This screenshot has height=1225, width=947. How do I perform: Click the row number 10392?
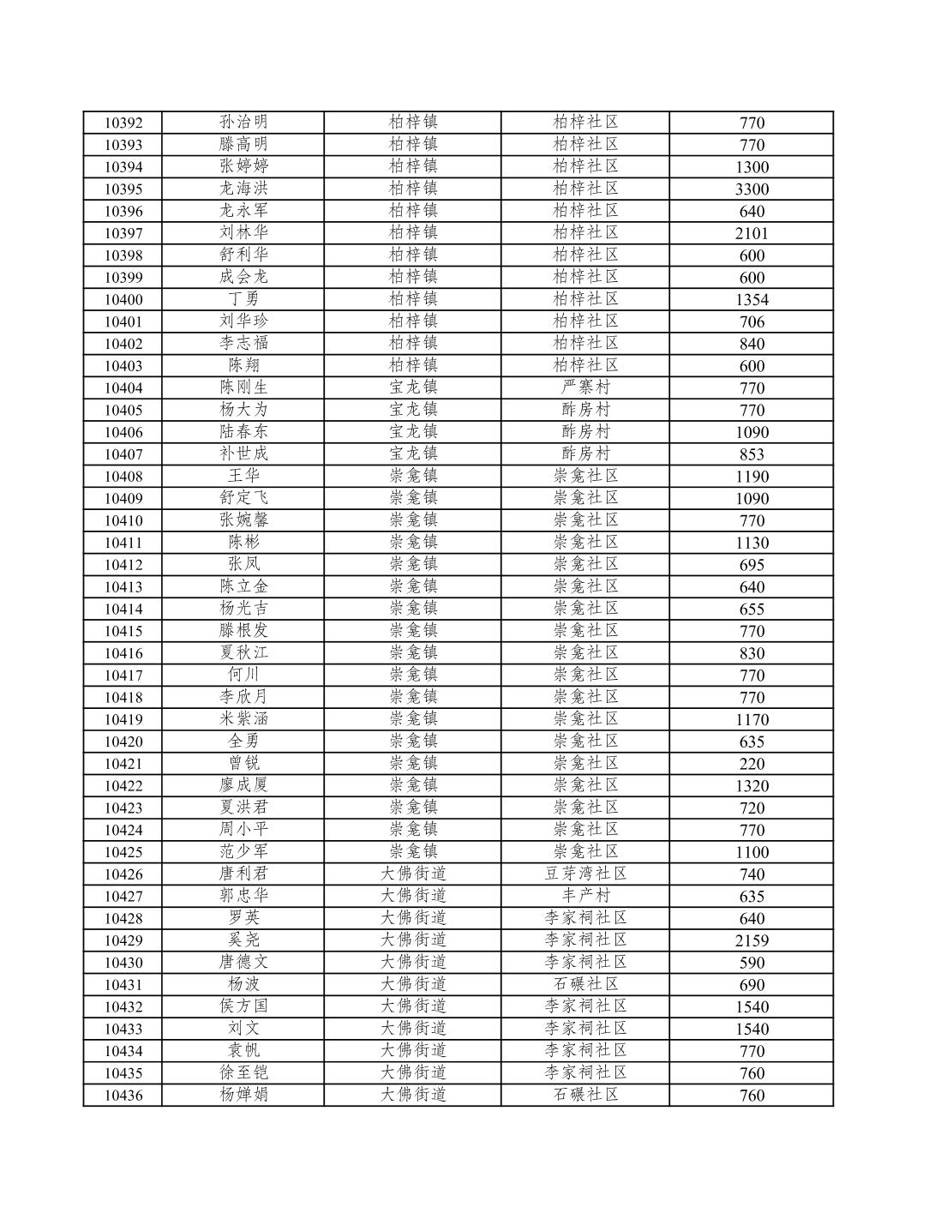(123, 123)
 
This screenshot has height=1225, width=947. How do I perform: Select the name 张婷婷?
(243, 166)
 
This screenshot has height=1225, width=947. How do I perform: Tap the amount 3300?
(752, 189)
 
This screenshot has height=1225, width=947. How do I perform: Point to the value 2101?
(752, 233)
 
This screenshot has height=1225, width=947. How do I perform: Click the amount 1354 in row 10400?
(752, 300)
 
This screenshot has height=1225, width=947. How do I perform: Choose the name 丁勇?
(243, 299)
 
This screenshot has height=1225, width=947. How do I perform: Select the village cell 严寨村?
(585, 387)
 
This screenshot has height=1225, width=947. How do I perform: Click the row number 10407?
(123, 454)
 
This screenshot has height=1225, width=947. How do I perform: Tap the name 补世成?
(243, 453)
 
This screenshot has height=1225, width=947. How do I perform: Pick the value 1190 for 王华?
(752, 477)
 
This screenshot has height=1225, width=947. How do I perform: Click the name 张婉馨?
(243, 520)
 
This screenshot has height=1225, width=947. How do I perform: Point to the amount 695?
(752, 565)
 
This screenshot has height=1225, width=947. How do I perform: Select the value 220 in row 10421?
(752, 764)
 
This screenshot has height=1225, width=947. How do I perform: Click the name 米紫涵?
(243, 719)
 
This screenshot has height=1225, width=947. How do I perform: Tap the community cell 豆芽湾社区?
(585, 874)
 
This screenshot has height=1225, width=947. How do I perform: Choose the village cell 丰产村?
(585, 896)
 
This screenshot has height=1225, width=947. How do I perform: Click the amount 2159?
(752, 940)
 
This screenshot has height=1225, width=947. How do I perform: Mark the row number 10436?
(123, 1095)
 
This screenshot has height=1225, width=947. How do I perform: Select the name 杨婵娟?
(243, 1095)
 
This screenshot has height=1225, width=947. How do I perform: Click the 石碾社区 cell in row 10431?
(585, 984)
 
